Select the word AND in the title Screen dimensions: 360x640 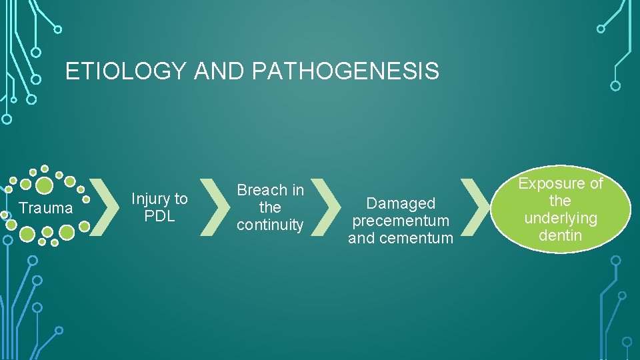coord(218,71)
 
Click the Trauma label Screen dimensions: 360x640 coord(46,208)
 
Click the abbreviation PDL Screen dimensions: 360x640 coord(159,216)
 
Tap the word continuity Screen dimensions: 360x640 coord(270,225)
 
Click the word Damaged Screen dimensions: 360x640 coord(401,203)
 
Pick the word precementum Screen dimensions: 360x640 coord(401,221)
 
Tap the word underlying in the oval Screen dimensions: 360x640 coord(560,218)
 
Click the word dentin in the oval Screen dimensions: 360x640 coord(560,235)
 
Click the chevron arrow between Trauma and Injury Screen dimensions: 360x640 coord(102,207)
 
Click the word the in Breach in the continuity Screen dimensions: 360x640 coord(270,207)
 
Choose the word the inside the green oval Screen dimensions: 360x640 coord(560,201)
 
